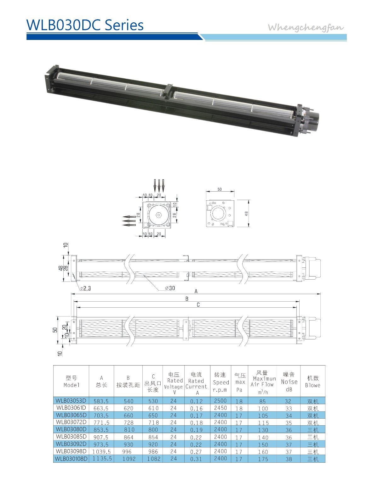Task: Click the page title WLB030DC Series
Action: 85,25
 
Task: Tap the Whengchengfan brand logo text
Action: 306,27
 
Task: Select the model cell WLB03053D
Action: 71,401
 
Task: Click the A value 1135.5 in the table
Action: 102,459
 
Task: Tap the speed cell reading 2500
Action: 220,401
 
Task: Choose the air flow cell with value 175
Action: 262,459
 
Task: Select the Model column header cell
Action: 71,381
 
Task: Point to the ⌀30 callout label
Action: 170,288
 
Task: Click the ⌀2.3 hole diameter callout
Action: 85,288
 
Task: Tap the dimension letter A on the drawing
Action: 196,291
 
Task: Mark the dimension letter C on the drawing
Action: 198,304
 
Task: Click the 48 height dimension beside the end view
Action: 247,213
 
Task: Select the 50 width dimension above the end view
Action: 220,189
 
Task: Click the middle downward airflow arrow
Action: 159,185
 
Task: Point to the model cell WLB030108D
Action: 71,459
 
